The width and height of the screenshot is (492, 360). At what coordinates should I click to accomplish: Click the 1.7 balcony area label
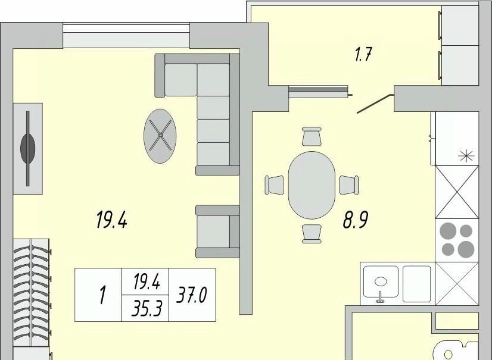(x=363, y=55)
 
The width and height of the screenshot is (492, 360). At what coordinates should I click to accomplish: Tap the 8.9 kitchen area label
(x=355, y=220)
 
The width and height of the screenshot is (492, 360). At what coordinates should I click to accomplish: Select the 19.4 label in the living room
(x=111, y=220)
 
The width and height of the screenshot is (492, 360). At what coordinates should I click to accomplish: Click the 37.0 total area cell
(x=192, y=295)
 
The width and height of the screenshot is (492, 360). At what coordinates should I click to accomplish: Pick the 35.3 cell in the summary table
(x=145, y=308)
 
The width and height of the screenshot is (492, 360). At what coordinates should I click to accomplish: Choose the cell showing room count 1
(x=98, y=295)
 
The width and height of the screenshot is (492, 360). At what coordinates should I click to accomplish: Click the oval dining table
(x=312, y=185)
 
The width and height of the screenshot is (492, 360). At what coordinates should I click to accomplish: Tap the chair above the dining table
(x=312, y=136)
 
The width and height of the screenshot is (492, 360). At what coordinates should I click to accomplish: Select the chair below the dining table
(x=312, y=234)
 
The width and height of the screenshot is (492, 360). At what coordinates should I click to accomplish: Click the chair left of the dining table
(x=274, y=185)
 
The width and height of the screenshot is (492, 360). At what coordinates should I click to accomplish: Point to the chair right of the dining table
(x=349, y=185)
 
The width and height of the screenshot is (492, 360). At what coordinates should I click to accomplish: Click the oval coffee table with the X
(x=160, y=136)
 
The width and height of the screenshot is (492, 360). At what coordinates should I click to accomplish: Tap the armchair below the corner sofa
(x=217, y=231)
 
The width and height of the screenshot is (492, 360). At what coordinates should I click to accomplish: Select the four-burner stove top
(x=457, y=240)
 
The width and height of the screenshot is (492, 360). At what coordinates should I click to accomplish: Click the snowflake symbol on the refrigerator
(x=466, y=155)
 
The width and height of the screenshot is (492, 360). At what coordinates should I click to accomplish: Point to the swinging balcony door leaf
(x=376, y=103)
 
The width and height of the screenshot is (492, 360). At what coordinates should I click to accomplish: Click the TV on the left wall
(x=28, y=149)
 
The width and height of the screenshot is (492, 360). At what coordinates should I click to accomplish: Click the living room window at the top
(x=126, y=36)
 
